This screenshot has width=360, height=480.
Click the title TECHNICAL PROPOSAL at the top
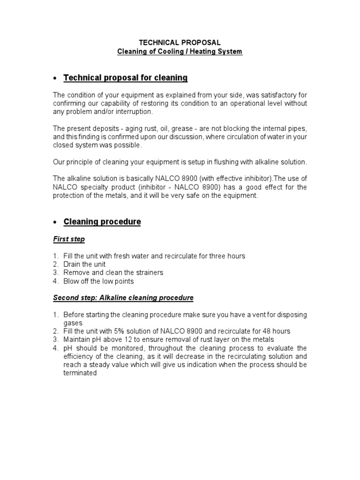click(x=180, y=43)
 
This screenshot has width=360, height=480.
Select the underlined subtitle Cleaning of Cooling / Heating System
click(x=180, y=52)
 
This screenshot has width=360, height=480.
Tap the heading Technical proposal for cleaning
click(x=125, y=78)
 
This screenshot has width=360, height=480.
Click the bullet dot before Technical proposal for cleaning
click(x=55, y=78)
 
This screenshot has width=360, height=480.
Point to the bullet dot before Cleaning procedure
click(x=55, y=222)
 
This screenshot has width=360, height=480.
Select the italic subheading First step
click(x=69, y=239)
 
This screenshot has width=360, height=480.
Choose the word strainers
click(x=148, y=273)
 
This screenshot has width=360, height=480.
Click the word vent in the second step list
click(x=250, y=315)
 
